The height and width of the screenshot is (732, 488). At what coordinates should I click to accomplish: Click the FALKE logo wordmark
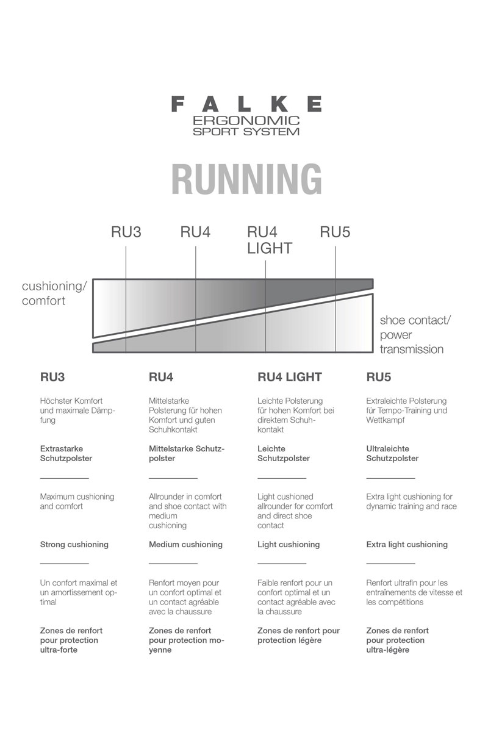(x=246, y=104)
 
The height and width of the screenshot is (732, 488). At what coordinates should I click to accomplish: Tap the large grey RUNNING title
(x=246, y=179)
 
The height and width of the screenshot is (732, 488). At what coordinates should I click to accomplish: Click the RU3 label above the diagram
(x=126, y=232)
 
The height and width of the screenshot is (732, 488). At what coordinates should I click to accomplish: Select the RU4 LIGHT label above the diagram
(x=269, y=240)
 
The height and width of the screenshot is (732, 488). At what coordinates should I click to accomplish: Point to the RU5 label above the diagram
(x=335, y=232)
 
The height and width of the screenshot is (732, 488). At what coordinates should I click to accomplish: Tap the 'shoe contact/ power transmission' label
(x=411, y=335)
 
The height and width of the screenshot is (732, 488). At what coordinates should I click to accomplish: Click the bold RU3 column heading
(x=52, y=377)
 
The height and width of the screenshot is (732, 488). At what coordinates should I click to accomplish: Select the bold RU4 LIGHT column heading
(x=289, y=377)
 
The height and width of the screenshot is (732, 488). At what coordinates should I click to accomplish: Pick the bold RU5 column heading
(x=378, y=377)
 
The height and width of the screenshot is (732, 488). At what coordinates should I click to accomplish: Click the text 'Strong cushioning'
(x=74, y=545)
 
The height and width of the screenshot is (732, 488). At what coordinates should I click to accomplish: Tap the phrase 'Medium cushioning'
(x=185, y=545)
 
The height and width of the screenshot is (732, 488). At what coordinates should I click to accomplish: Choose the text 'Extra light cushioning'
(x=406, y=545)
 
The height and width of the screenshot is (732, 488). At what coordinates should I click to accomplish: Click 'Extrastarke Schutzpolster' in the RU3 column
(x=66, y=453)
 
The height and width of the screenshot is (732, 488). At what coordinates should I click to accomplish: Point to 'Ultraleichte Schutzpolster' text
(x=392, y=453)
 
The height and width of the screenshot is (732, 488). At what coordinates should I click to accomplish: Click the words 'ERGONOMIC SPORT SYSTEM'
(x=246, y=126)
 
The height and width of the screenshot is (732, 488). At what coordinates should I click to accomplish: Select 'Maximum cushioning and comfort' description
(x=77, y=501)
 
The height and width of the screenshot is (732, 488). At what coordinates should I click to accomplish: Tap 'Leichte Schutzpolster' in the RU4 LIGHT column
(x=283, y=453)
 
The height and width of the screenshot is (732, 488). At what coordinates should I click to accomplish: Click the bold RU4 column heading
(x=161, y=377)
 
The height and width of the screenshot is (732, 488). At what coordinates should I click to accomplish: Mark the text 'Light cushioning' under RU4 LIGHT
(x=289, y=545)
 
